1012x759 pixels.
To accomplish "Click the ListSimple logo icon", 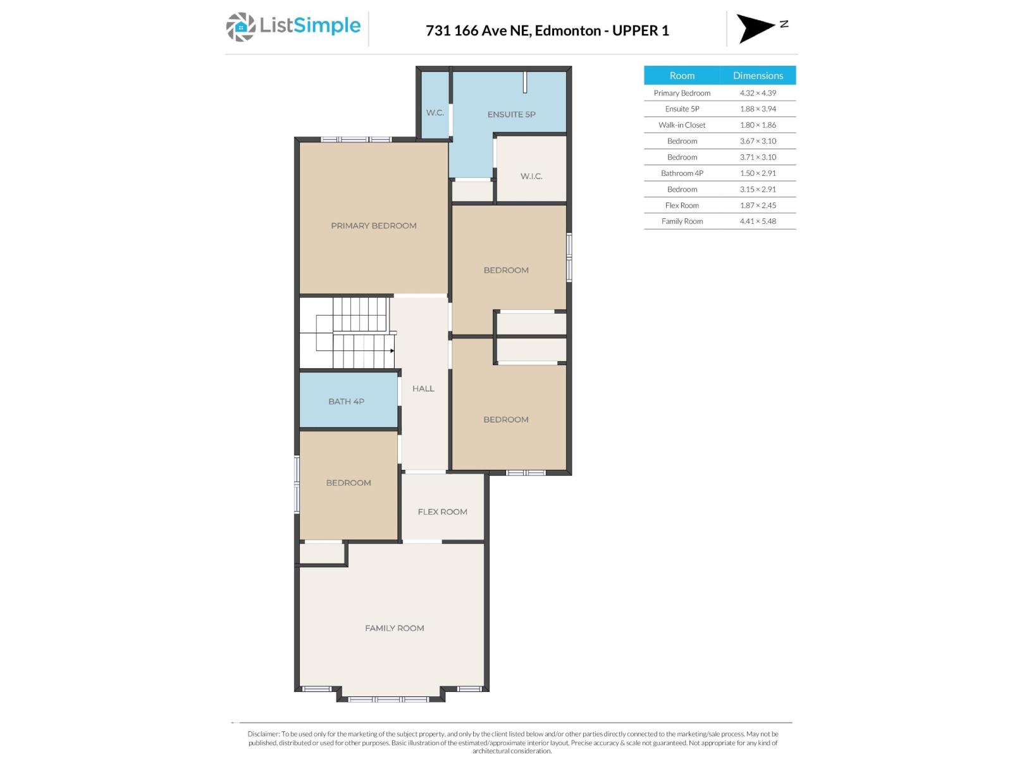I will pos(240,27).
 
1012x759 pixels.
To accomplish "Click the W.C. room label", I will pos(435,113).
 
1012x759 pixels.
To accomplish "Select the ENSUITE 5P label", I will pos(511,114).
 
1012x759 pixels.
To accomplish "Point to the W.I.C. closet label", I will pos(531,176).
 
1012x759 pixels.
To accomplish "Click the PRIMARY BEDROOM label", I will pos(373,226).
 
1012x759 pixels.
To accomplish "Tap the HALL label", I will pos(423,388).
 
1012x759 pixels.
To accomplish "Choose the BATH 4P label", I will pos(346,401).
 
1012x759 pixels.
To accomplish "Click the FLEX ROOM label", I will pos(442,512).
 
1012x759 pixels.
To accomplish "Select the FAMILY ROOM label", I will pos(394,628).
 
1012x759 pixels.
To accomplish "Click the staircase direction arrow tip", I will pos(393,350).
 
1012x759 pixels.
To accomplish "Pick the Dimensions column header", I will pos(758,75).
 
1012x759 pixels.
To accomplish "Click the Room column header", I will pos(682,75).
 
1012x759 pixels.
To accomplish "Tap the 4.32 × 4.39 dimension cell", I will pos(758,93).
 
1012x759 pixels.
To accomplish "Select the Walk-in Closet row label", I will pos(682,125).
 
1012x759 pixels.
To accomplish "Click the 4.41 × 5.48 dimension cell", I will pos(758,221).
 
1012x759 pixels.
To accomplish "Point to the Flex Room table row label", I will pos(682,206).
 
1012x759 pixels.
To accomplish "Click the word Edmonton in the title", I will pos(568,30).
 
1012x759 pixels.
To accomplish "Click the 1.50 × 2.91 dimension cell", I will pos(758,173).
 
